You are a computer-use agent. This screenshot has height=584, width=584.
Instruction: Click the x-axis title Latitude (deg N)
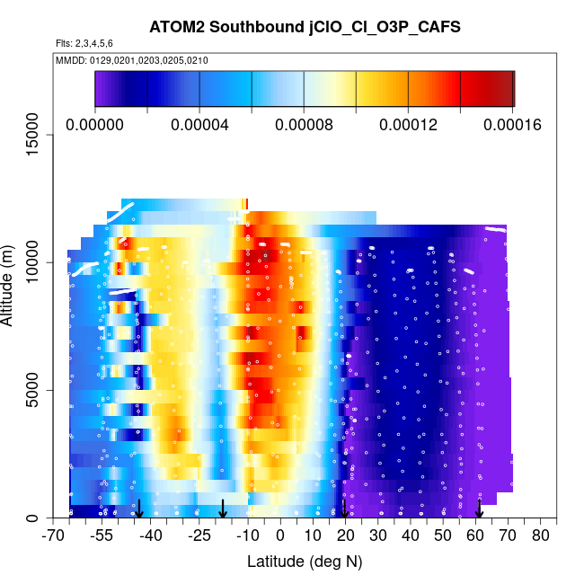tap(305, 562)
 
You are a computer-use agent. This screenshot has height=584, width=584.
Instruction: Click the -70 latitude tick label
tap(54, 535)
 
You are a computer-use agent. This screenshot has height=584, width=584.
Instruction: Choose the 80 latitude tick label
tap(540, 535)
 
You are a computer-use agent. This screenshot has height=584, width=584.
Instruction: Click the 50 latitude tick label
tap(443, 535)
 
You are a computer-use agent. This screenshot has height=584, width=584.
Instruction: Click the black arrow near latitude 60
tap(479, 509)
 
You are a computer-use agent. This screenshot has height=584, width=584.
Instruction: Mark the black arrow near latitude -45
tap(139, 509)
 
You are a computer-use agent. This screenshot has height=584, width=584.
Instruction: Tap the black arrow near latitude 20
tap(344, 509)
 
